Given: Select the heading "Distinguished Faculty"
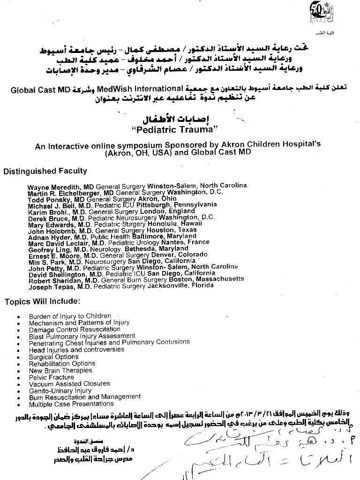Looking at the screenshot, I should click(45, 171).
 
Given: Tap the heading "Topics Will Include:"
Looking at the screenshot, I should click(42, 301).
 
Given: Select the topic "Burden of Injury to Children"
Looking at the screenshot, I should click(70, 316).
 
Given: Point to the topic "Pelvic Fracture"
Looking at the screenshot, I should click(52, 377).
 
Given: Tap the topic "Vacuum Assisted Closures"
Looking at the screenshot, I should click(69, 383).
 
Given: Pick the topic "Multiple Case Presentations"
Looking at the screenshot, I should click(71, 404).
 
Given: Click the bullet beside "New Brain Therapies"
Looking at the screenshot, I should click(18, 371).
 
